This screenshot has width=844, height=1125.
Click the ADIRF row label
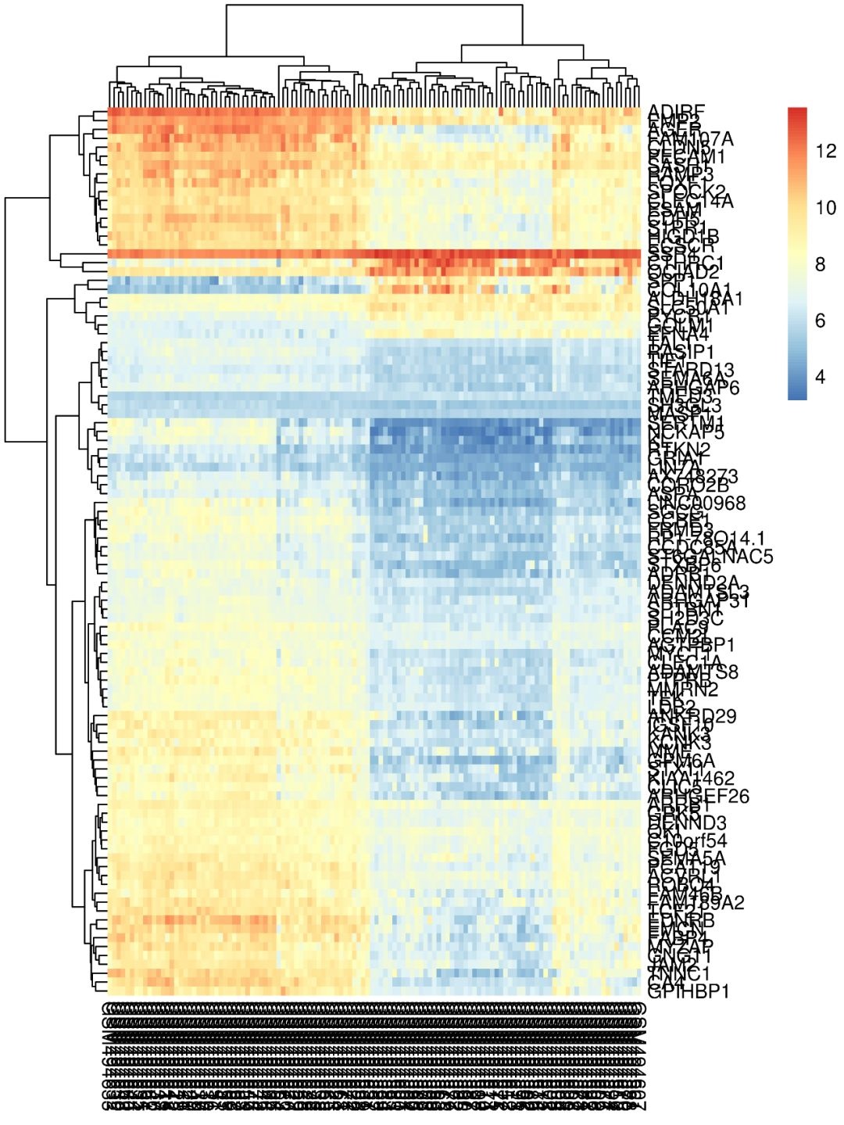(x=677, y=112)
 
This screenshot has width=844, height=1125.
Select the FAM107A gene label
(x=692, y=139)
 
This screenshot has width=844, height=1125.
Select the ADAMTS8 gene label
(x=693, y=672)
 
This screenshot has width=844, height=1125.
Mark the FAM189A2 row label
(x=696, y=903)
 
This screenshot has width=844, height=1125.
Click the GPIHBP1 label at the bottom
(x=688, y=992)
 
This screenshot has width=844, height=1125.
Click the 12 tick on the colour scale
(x=825, y=152)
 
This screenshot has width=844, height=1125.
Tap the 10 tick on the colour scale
(x=825, y=208)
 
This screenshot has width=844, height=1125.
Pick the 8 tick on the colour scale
(x=820, y=264)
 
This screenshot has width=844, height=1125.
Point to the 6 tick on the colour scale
(x=820, y=321)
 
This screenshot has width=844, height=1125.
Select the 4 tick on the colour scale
(x=820, y=377)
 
